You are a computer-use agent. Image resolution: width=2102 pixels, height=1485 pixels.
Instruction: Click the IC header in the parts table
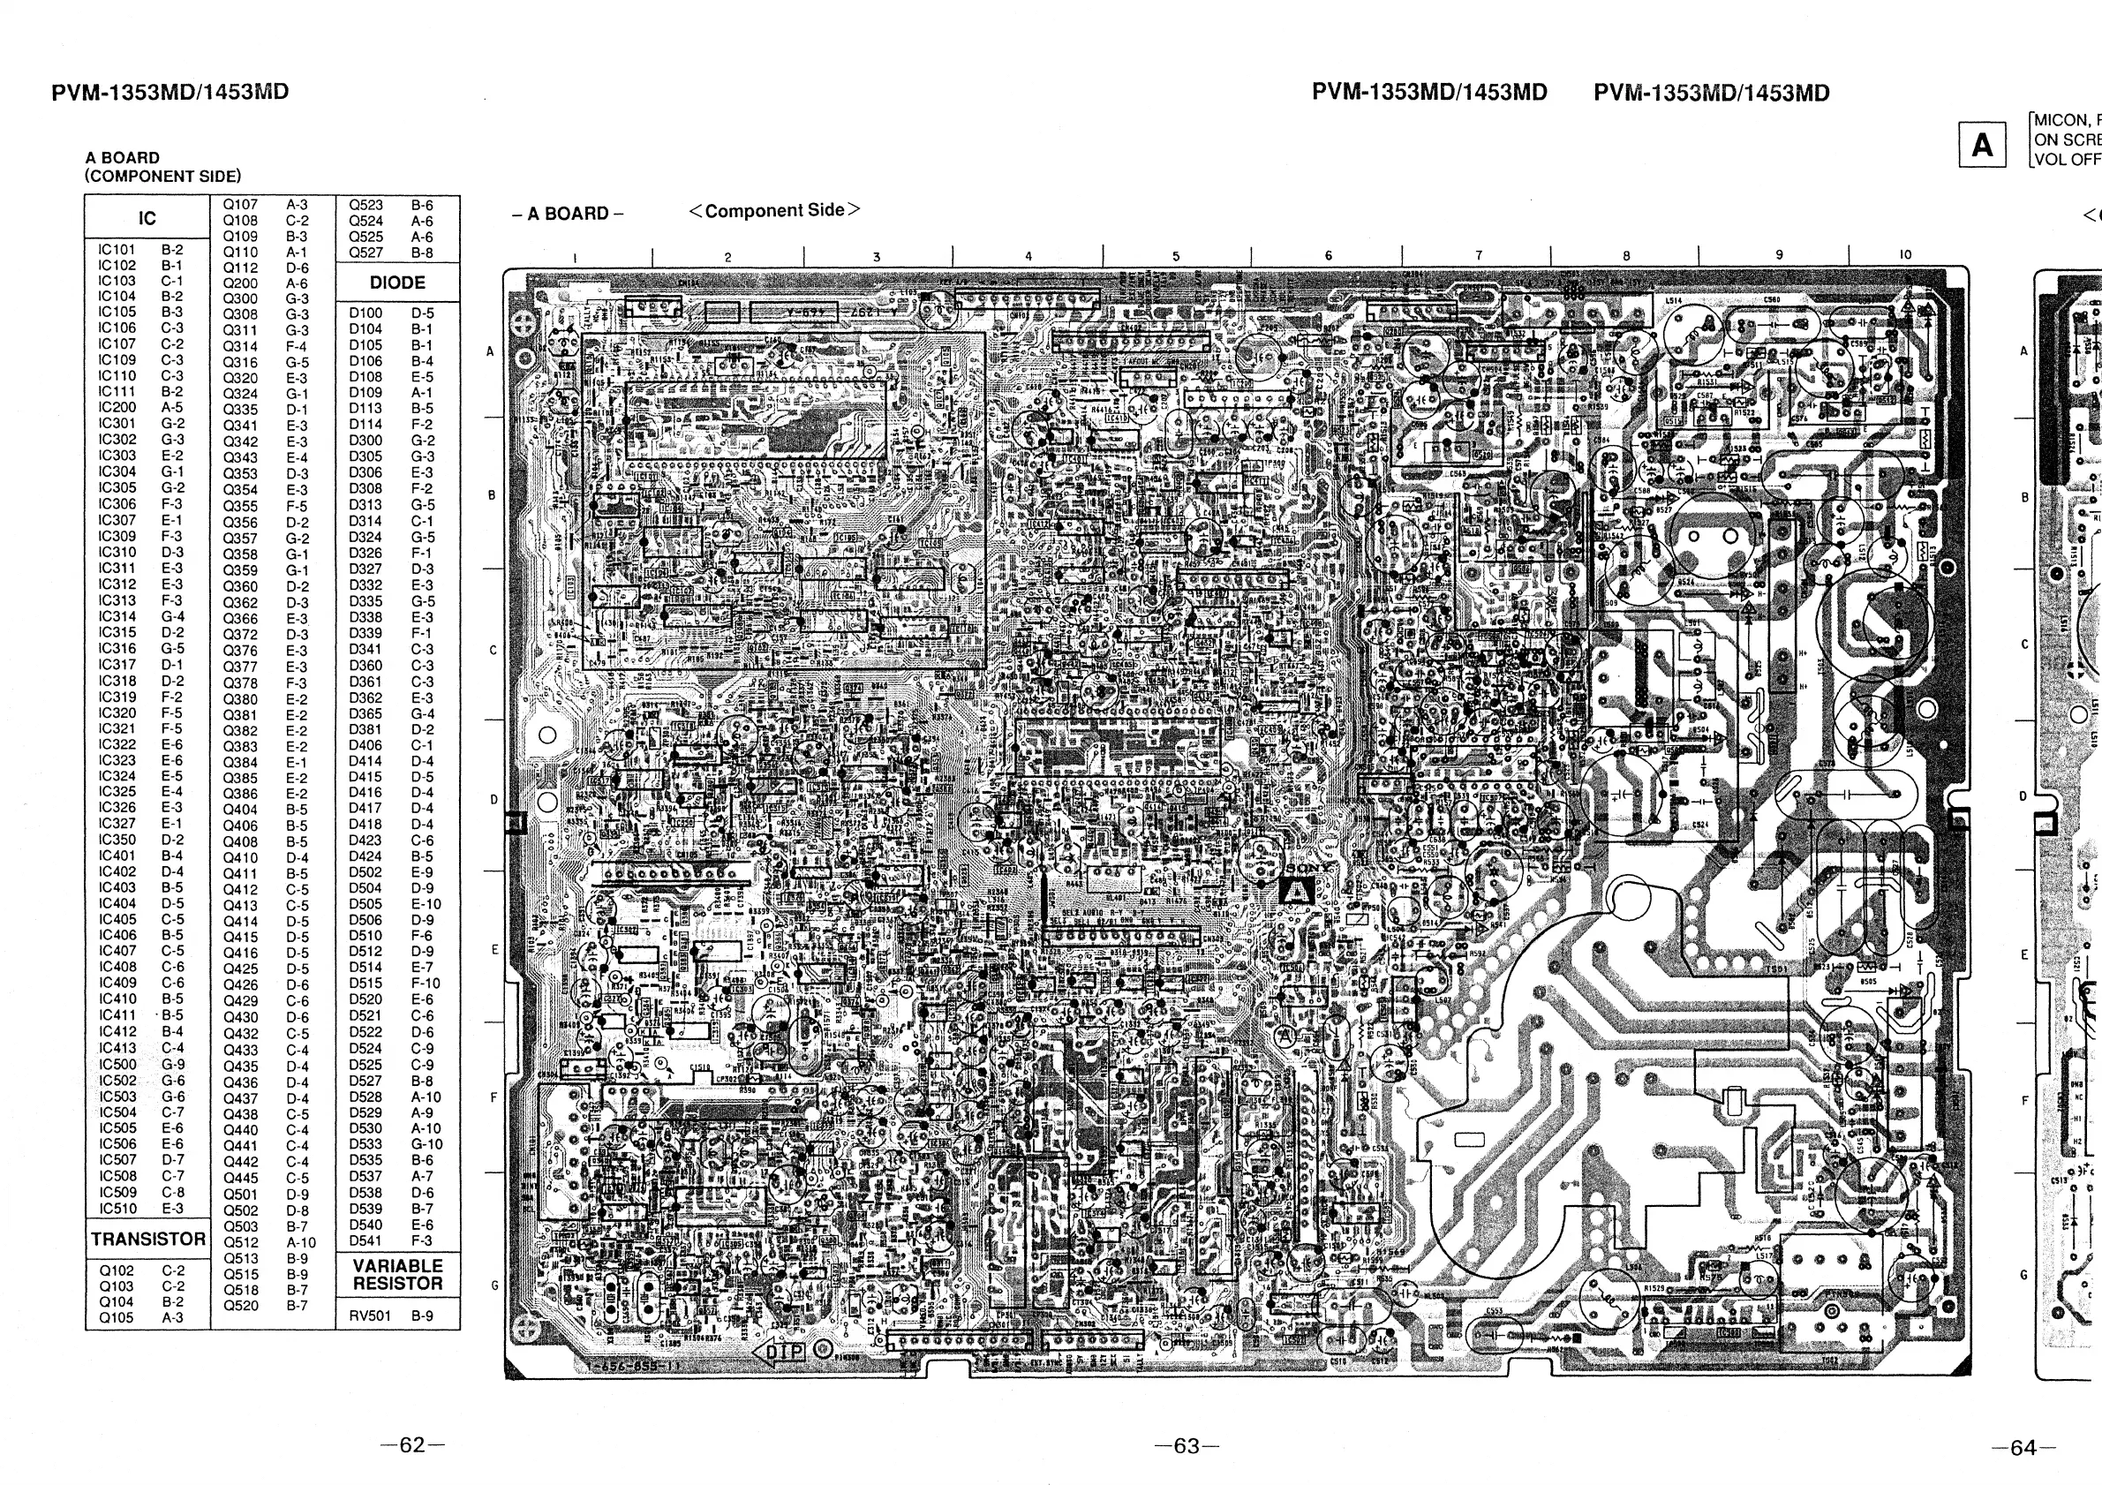click(x=147, y=218)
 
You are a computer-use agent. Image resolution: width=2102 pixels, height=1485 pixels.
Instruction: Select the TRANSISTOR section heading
click(x=147, y=1239)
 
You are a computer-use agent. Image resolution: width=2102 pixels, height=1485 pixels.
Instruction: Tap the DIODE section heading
click(x=397, y=283)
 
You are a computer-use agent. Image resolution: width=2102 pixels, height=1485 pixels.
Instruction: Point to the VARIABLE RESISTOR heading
click(x=397, y=1274)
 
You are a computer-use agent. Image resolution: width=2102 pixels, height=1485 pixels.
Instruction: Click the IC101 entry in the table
click(x=117, y=249)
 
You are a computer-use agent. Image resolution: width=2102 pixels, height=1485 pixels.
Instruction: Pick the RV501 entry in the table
click(x=370, y=1315)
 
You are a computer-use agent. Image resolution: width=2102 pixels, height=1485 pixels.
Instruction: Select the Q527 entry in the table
click(x=366, y=253)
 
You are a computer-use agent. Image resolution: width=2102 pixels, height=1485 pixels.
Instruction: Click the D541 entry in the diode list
click(x=365, y=1240)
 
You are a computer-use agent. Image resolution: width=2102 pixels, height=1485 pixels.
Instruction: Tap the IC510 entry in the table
click(x=117, y=1208)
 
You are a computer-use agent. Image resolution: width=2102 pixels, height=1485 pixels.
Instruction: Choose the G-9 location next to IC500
click(x=173, y=1065)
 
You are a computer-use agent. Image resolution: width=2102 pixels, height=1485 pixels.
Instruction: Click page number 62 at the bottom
click(x=412, y=1444)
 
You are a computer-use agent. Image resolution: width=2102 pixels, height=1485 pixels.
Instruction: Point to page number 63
click(x=1187, y=1445)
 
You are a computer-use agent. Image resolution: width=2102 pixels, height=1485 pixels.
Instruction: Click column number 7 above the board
click(x=1479, y=256)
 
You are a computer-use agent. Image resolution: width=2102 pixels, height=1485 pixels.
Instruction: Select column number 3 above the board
click(x=876, y=257)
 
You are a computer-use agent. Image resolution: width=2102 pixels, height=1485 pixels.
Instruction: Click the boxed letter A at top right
click(x=1982, y=146)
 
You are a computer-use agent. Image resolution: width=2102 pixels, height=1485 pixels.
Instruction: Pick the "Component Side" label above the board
click(x=774, y=211)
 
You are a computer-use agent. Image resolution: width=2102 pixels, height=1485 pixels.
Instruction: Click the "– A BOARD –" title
click(x=568, y=215)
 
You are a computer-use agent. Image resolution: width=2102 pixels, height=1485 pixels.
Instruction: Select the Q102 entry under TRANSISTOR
click(x=117, y=1270)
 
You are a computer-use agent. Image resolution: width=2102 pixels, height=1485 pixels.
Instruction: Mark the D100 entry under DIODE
click(x=365, y=313)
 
